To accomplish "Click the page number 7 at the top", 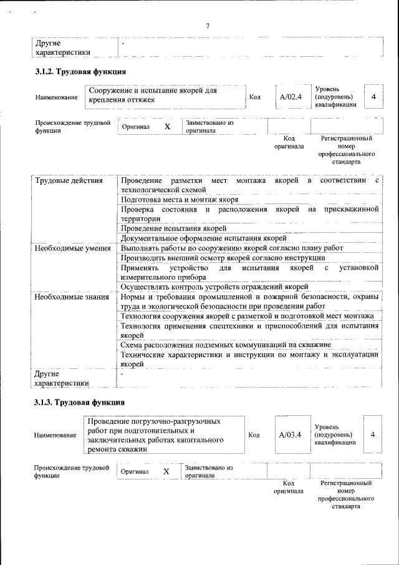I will [208, 26].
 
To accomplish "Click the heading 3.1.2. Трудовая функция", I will [80, 71].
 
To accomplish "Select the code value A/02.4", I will [291, 97].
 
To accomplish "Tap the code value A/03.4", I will [291, 435].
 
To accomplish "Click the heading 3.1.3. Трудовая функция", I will [80, 402].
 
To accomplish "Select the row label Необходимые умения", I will [72, 248].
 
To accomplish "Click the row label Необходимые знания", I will [72, 297].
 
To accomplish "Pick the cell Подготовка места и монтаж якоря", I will [180, 200].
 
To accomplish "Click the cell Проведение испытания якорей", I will [173, 228].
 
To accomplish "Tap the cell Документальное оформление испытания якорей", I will [203, 238].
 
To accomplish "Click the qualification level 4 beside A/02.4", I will [373, 97].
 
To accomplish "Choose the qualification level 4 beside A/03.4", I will [373, 435].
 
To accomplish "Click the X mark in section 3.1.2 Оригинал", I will [167, 127].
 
